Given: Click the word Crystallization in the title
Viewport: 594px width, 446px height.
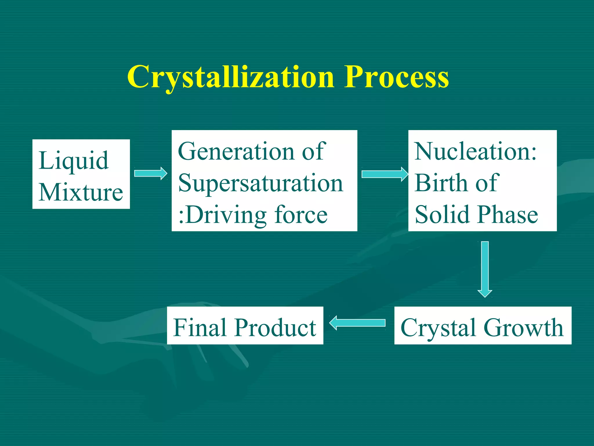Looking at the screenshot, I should click(231, 77).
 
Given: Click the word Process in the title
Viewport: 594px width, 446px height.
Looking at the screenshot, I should click(396, 77).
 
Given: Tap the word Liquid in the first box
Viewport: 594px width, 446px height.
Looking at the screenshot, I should click(74, 161).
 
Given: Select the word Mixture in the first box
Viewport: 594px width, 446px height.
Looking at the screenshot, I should click(81, 192).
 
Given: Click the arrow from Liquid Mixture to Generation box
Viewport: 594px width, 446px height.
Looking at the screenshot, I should click(151, 173).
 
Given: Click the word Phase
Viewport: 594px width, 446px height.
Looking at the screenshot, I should click(508, 215).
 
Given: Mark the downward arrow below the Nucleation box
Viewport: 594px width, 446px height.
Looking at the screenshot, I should click(485, 269).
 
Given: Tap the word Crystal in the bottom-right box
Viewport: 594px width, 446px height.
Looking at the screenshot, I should click(439, 328).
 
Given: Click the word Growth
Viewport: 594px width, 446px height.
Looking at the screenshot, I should click(523, 328).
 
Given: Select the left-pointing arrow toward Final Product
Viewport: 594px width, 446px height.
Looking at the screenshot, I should click(357, 323).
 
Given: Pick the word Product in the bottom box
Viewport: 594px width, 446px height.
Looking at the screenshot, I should click(275, 328).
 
